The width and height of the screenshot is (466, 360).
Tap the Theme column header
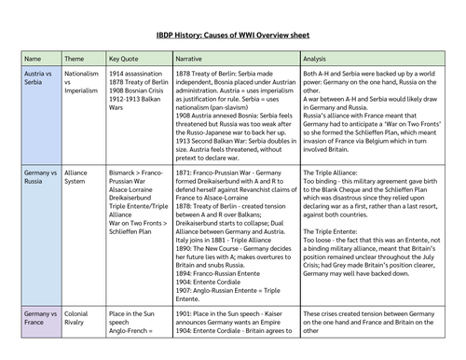(75, 57)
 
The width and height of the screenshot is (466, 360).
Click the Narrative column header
(194, 57)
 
